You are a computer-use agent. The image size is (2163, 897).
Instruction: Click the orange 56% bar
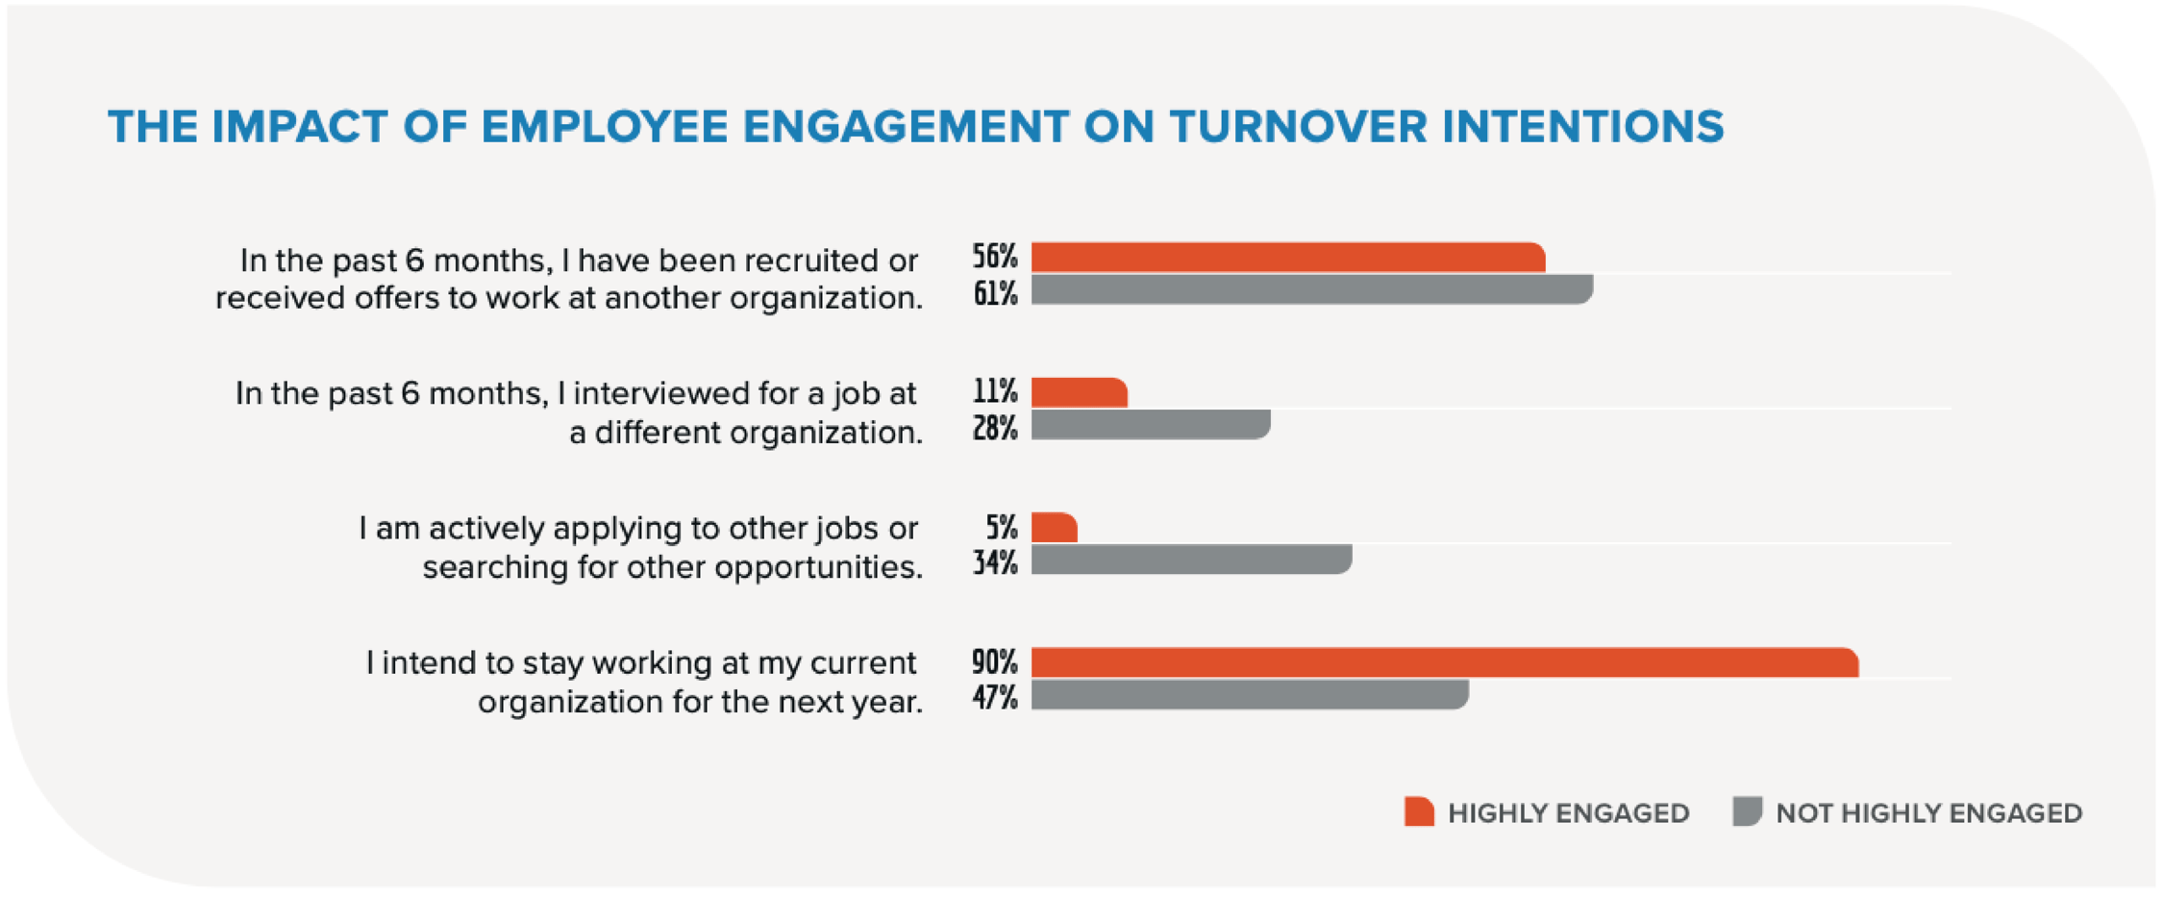click(x=1287, y=258)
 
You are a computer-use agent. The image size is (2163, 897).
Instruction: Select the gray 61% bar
click(x=1311, y=289)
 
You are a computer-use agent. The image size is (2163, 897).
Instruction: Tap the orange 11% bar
click(x=1079, y=392)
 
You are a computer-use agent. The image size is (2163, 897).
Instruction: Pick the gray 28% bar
click(x=1150, y=425)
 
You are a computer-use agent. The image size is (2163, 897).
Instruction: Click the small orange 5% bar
click(x=1054, y=528)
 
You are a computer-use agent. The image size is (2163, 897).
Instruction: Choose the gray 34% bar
click(x=1191, y=560)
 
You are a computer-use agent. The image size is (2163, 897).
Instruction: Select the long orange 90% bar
click(x=1444, y=662)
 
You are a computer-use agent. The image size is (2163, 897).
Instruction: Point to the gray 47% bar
click(x=1249, y=695)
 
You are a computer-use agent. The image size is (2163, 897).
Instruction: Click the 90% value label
click(x=994, y=662)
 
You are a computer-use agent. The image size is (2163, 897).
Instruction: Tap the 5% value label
click(x=1001, y=528)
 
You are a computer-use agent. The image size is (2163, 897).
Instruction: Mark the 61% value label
click(x=994, y=294)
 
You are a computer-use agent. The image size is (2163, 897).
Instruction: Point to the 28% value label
click(x=994, y=429)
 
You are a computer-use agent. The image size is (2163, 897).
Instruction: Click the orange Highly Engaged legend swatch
click(x=1419, y=812)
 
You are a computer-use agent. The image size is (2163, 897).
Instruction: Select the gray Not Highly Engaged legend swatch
click(x=1747, y=811)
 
